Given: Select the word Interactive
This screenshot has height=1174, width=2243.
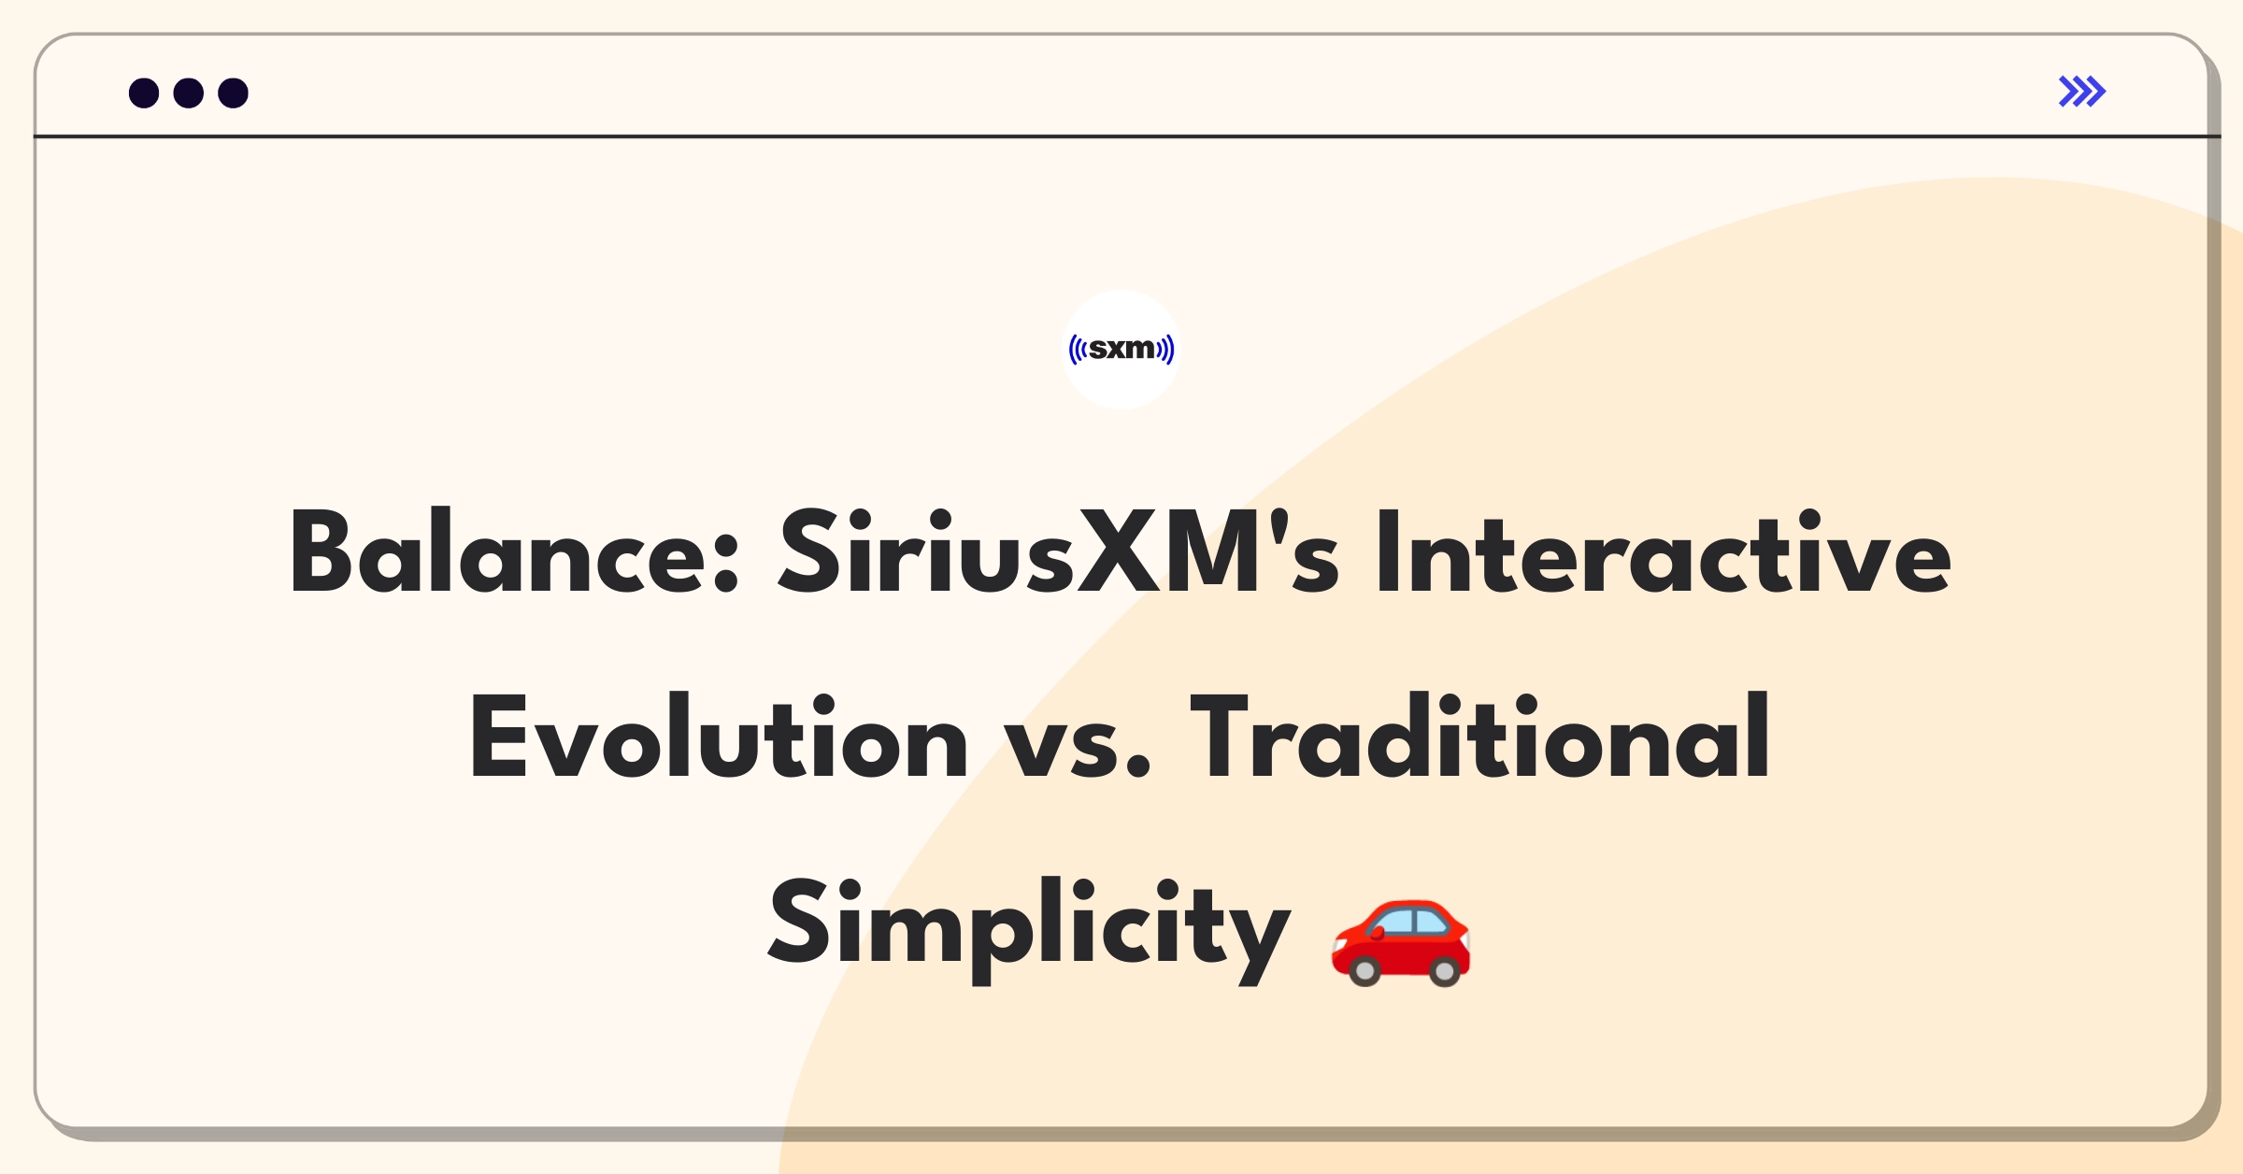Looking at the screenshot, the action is tap(1664, 551).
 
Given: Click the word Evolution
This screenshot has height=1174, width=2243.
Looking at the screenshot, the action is tap(719, 737).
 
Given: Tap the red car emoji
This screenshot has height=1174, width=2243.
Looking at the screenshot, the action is tap(1401, 942).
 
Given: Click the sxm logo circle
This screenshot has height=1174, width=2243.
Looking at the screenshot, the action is tap(1121, 350).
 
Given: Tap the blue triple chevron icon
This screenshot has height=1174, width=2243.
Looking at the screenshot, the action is tap(2082, 92).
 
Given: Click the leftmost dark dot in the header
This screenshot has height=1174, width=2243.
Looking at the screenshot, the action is tap(144, 93).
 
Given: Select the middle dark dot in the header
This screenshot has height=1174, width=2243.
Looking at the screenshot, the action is tap(189, 93).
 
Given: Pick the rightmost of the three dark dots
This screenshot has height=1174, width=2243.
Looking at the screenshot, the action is tap(234, 93).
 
